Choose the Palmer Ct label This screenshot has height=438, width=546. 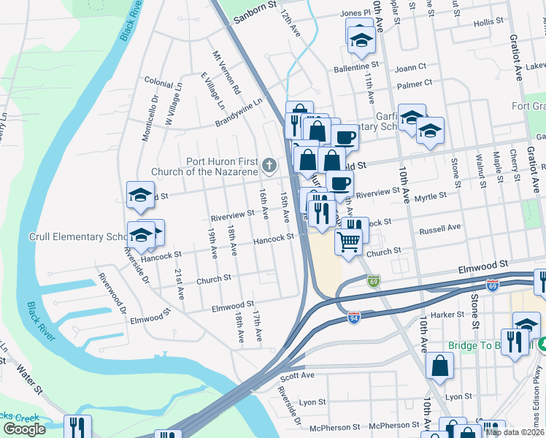pos(415,85)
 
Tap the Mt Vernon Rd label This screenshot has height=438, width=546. pos(226,74)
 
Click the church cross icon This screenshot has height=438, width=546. pos(269,165)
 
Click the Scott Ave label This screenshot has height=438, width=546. pos(297,375)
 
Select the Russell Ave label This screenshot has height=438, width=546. pos(439,228)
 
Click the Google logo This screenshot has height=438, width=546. pos(25,429)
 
